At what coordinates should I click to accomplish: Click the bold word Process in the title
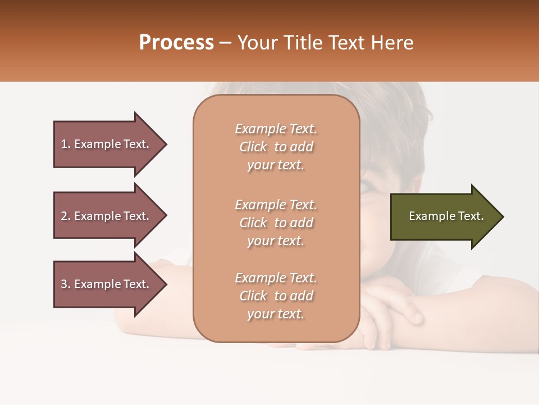pos(176,43)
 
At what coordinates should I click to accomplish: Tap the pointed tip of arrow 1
pos(166,144)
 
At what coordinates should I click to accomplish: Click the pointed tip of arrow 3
pos(166,284)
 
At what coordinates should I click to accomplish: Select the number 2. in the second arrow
pos(66,216)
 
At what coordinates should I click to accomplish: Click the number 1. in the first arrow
pos(66,144)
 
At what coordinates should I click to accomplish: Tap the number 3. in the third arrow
pos(66,284)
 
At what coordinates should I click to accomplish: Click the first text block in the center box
pos(276,147)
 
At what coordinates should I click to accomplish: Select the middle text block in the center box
pos(276,222)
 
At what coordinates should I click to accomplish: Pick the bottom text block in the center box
pos(276,296)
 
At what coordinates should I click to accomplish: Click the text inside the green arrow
pos(446,216)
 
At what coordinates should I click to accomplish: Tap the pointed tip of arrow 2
pos(166,216)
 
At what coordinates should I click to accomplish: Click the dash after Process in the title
pos(225,43)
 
